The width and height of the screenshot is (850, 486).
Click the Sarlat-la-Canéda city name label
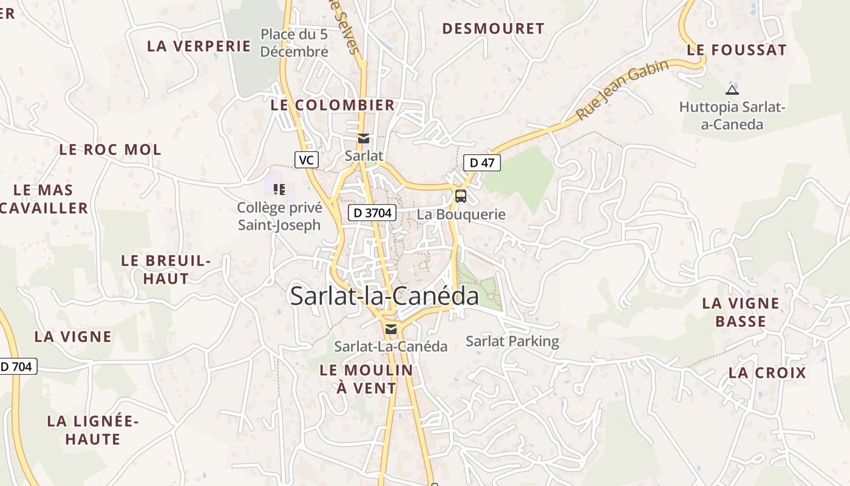coord(384,296)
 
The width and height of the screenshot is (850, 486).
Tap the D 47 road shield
coord(482,162)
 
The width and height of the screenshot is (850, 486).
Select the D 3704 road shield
coord(372,213)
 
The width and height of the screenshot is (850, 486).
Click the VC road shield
coord(307,160)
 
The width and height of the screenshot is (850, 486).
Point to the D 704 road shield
coord(18,366)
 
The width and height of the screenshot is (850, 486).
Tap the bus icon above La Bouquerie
coord(461,196)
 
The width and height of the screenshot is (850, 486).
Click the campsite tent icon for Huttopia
coord(732,90)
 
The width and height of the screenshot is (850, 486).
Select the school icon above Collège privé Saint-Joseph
coord(279,190)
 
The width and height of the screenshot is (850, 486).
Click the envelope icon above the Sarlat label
coord(364,139)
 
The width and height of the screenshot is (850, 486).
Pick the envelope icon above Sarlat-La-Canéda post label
coord(391,329)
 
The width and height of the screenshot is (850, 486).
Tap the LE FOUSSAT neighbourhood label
coord(736,50)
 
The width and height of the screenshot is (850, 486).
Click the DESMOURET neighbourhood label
coord(493,29)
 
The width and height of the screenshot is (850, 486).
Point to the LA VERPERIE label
coord(199,46)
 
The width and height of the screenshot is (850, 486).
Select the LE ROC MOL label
coord(110,149)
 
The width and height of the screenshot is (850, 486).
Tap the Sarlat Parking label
coord(512,341)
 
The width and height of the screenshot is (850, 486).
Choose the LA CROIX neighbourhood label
coord(767,373)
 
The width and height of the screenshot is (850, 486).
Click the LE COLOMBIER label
coord(333,105)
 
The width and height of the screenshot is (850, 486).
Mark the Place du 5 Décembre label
coord(294,43)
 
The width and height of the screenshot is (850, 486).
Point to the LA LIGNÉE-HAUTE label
coord(93,430)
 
